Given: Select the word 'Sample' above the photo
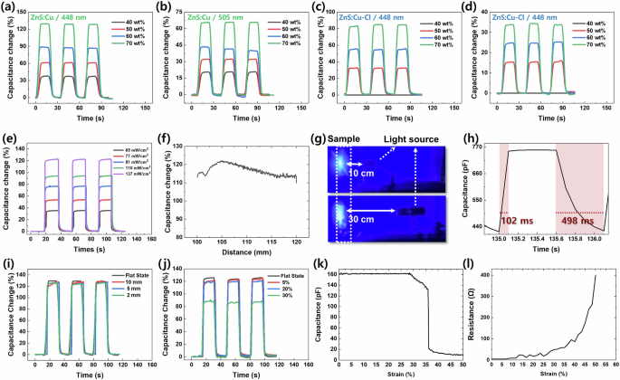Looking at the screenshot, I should tap(345, 141).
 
